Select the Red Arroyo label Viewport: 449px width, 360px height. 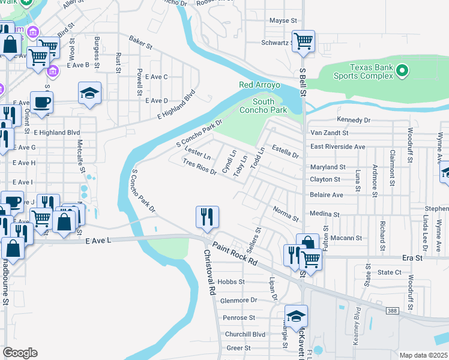tap(259, 85)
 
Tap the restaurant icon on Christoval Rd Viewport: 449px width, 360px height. tap(207, 217)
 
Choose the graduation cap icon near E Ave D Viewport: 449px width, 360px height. tap(89, 93)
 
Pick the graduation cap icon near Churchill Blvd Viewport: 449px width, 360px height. tap(296, 316)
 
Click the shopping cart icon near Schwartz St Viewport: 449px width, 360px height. tap(304, 41)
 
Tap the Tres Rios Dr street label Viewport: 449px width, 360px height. tap(199, 167)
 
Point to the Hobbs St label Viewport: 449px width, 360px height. tap(231, 281)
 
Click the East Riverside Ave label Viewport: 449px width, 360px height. tap(337, 146)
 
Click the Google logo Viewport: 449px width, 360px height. tap(20, 353)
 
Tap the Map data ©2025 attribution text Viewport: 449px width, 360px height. tap(423, 355)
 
